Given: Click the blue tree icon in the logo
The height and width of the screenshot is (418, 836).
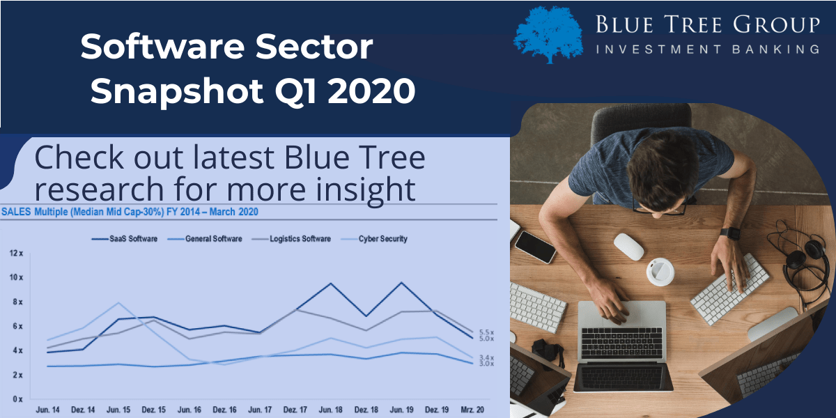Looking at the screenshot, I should tap(549, 34).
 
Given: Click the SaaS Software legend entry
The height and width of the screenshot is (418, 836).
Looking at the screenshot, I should tap(125, 239).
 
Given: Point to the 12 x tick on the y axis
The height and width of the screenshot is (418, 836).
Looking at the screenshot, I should tap(16, 253).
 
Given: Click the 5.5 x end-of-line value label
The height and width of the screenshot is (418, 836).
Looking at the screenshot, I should tap(487, 332).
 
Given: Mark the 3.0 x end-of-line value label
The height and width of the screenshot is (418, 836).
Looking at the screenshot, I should tap(487, 364).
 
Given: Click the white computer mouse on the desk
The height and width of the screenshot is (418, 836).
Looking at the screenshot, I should tap(628, 247).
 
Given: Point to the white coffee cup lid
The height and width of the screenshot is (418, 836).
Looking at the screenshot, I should tap(661, 271).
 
